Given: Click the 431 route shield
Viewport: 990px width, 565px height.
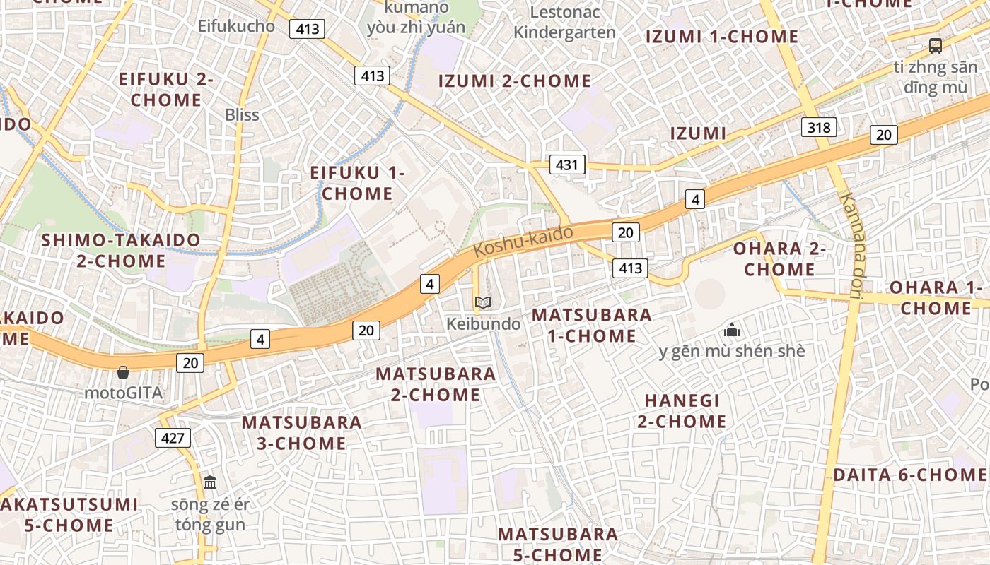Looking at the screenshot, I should (x=566, y=165).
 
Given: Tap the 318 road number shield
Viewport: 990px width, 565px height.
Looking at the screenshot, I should (x=819, y=127).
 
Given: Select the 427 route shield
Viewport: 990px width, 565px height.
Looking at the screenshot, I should (x=173, y=438).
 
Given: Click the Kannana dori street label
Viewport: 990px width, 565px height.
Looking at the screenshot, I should (x=852, y=246).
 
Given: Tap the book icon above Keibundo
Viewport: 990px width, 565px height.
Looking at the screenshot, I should (x=483, y=303).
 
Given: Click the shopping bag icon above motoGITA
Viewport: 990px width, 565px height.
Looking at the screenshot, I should (x=123, y=371).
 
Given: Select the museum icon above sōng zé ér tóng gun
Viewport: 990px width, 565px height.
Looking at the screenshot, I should (x=210, y=483).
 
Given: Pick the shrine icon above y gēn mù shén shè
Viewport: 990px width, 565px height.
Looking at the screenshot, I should (x=732, y=330).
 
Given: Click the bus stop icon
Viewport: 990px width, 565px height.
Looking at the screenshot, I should (x=936, y=47).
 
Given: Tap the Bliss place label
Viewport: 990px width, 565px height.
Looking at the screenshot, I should (x=242, y=114).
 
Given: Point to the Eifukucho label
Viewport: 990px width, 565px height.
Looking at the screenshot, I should (x=236, y=26).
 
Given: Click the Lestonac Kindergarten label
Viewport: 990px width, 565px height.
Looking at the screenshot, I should (x=564, y=22).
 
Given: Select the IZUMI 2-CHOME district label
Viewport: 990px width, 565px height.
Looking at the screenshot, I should (x=515, y=81).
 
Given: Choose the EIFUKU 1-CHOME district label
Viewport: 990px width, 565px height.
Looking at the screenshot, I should (x=357, y=183).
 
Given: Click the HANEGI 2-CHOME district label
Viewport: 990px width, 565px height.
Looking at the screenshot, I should (x=682, y=411).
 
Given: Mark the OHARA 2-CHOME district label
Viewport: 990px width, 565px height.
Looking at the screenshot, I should (x=779, y=259).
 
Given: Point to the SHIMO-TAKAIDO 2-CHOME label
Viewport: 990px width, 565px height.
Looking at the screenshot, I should (x=120, y=251).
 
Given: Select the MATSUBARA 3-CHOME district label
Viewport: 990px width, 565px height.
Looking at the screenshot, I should (x=301, y=433).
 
